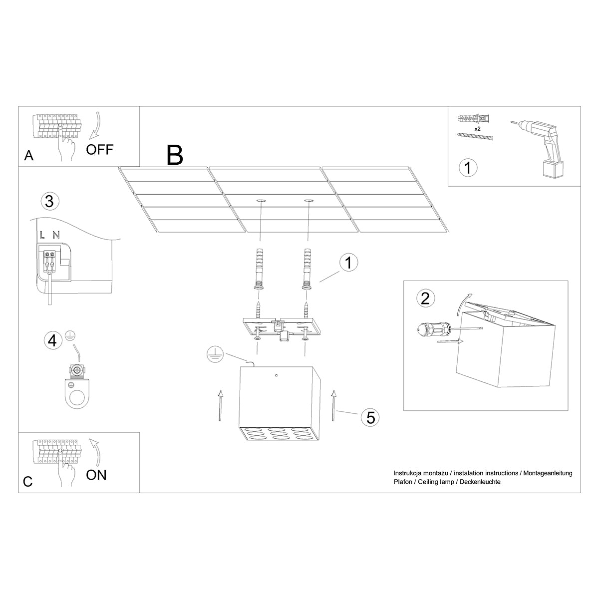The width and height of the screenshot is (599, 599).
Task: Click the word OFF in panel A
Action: pyautogui.click(x=100, y=149)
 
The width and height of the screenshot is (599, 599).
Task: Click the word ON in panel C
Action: pyautogui.click(x=96, y=474)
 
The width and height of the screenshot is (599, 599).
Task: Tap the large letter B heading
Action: pyautogui.click(x=175, y=155)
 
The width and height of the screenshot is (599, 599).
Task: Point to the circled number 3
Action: pyautogui.click(x=49, y=202)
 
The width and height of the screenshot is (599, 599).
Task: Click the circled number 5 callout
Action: pyautogui.click(x=370, y=417)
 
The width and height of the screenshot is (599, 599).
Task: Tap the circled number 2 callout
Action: pyautogui.click(x=425, y=299)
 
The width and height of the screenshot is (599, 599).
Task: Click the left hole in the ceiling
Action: pyautogui.click(x=261, y=201)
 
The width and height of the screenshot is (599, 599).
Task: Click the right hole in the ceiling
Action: pyautogui.click(x=308, y=201)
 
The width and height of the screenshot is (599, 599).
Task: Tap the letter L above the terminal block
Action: pyautogui.click(x=43, y=234)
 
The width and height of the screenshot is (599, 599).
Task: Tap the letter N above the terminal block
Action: pyautogui.click(x=56, y=234)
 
